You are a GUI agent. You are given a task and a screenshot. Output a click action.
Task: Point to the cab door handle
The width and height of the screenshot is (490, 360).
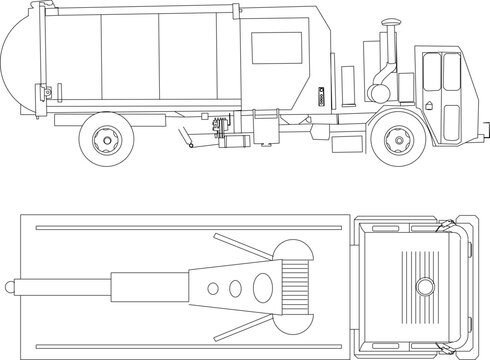click(427, 104)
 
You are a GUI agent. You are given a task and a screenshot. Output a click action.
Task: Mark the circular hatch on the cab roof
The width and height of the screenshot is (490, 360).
click(425, 287)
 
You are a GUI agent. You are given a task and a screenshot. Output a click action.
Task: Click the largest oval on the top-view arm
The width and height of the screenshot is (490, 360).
click(234, 288)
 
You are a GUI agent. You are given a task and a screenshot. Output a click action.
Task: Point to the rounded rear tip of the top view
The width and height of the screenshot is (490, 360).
click(13, 288)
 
